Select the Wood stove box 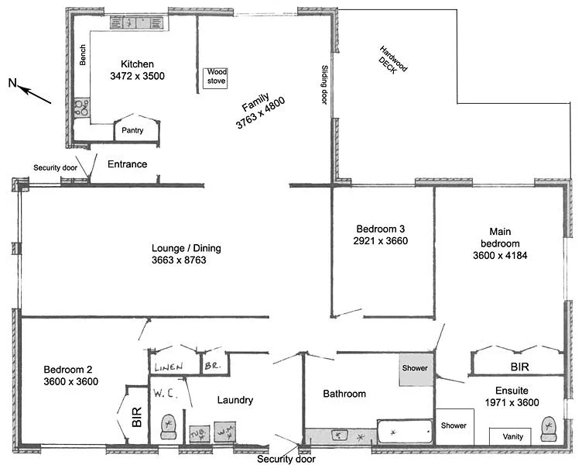pyautogui.click(x=216, y=78)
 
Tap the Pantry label pyautogui.click(x=133, y=131)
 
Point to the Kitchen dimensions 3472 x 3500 pyautogui.click(x=137, y=76)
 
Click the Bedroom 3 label pyautogui.click(x=381, y=229)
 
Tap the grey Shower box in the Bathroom pyautogui.click(x=418, y=369)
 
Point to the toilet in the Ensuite pyautogui.click(x=550, y=427)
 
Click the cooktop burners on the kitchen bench pyautogui.click(x=80, y=108)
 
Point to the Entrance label pyautogui.click(x=127, y=164)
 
